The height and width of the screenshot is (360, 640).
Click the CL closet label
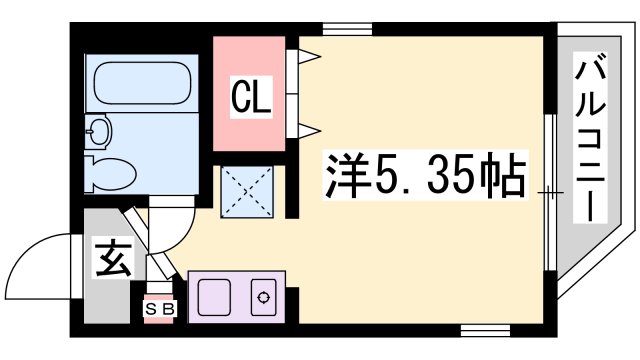pos(251,97)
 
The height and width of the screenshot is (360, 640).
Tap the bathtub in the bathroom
pos(142,83)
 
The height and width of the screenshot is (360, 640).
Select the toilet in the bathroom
pos(109,174)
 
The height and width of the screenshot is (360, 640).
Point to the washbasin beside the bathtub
pos(99,131)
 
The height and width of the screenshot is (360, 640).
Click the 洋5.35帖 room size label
pos(425,175)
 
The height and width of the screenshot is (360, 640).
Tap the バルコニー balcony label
pos(590,138)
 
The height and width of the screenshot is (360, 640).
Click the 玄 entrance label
pos(113,258)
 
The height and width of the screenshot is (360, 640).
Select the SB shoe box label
pos(160,309)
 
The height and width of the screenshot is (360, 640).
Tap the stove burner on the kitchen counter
pos(263,297)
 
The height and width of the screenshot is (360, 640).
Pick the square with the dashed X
pos(247,191)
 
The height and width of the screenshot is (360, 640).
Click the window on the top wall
pos(347,29)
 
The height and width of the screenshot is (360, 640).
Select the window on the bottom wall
pos(485,330)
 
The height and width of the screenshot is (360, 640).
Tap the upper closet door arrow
pos(310,56)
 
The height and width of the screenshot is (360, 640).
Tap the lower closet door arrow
pos(310,131)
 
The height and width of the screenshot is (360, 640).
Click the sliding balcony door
pos(551,192)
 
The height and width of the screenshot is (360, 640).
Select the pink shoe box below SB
pos(159,319)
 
